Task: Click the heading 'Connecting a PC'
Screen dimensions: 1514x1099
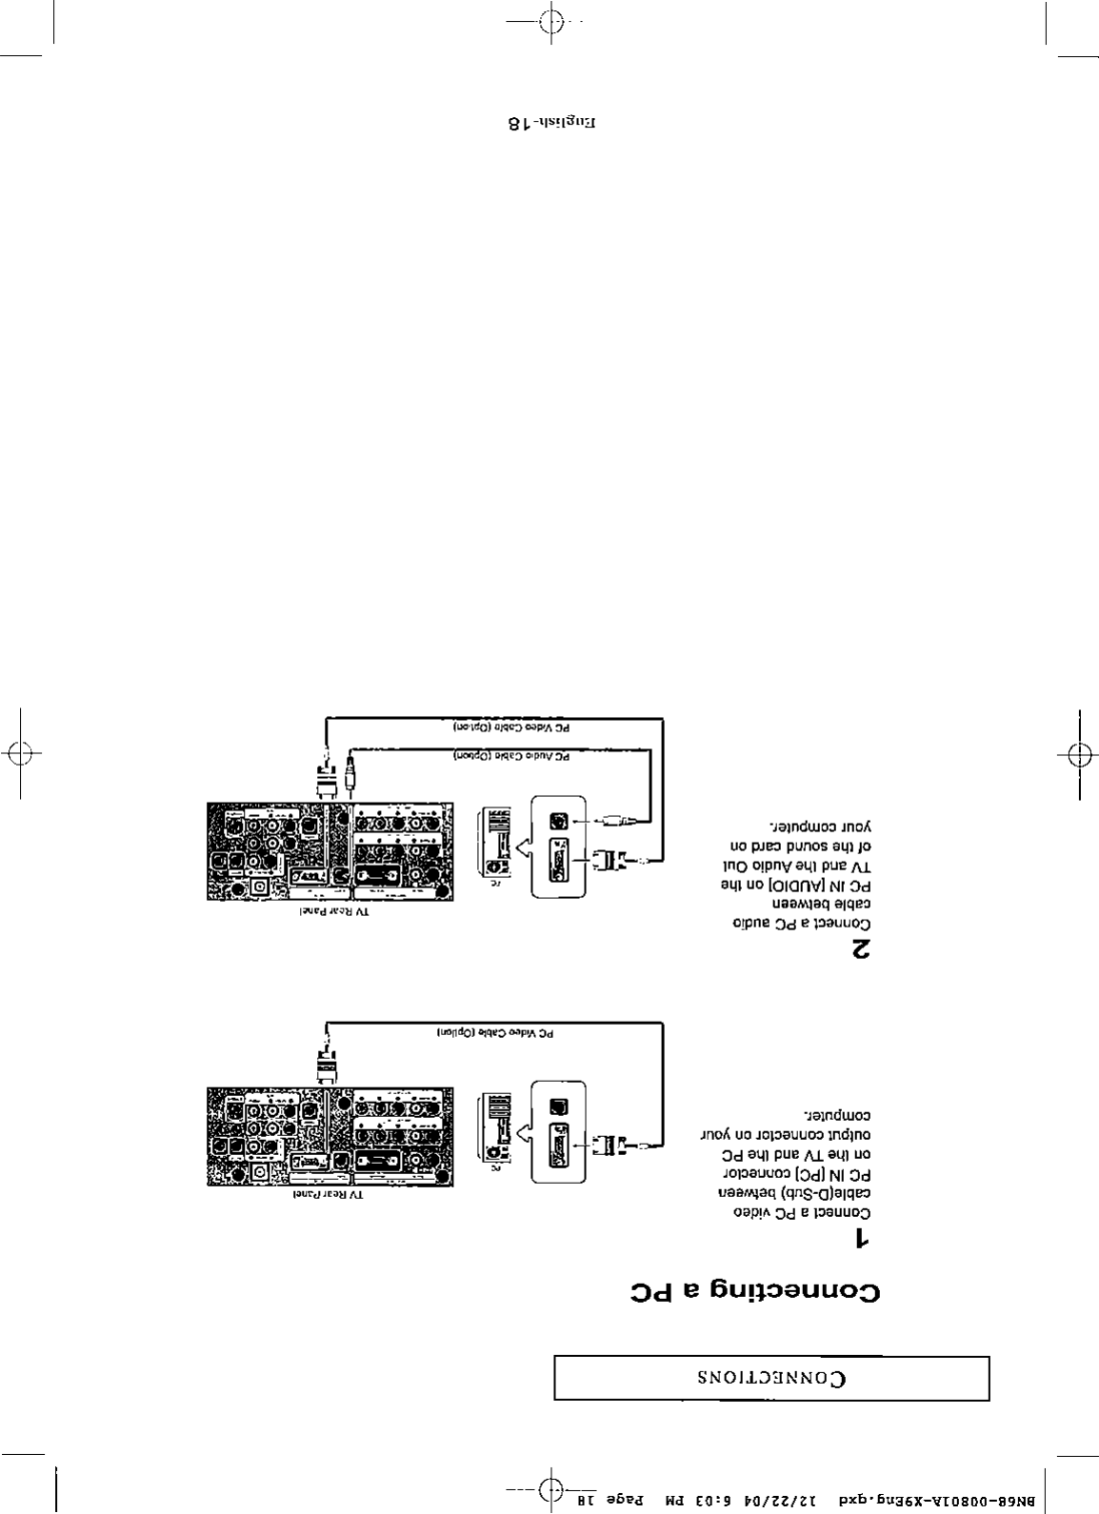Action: tap(755, 1293)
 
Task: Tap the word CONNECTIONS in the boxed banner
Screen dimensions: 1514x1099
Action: tap(772, 1379)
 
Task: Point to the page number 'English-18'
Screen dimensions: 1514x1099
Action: tap(552, 123)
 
